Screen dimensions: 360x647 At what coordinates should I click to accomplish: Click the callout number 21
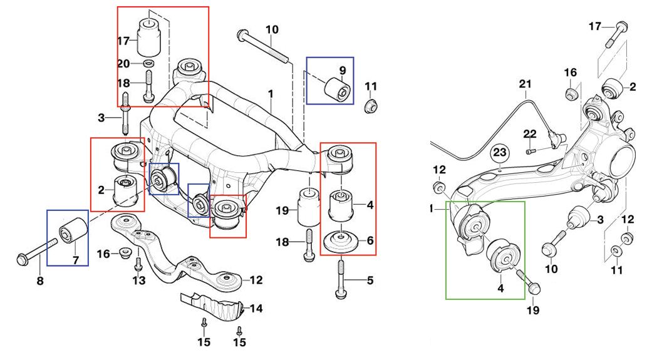[x=525, y=84]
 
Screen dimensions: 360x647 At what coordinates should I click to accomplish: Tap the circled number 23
[x=499, y=152]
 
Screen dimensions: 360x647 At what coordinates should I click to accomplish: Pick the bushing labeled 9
[x=334, y=88]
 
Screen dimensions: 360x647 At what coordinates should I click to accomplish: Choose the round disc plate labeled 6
[x=340, y=242]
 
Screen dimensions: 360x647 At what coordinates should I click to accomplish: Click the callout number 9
[x=343, y=69]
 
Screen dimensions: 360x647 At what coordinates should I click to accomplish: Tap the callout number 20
[x=123, y=63]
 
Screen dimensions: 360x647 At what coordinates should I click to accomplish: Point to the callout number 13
[x=138, y=281]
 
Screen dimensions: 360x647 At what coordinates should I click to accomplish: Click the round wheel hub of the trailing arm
[x=623, y=163]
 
